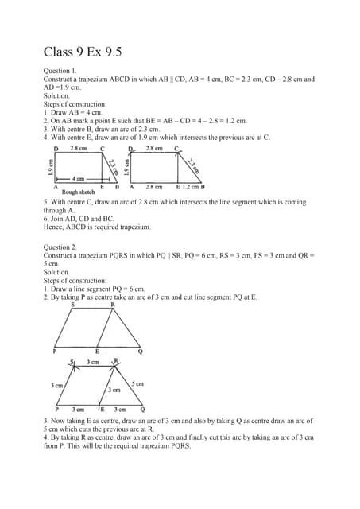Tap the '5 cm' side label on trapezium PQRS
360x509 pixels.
click(138, 384)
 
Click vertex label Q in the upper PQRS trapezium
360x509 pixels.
click(141, 351)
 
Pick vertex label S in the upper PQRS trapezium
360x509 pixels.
click(73, 304)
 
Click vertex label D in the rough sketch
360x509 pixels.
click(56, 149)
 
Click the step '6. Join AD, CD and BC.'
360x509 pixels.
click(79, 219)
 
